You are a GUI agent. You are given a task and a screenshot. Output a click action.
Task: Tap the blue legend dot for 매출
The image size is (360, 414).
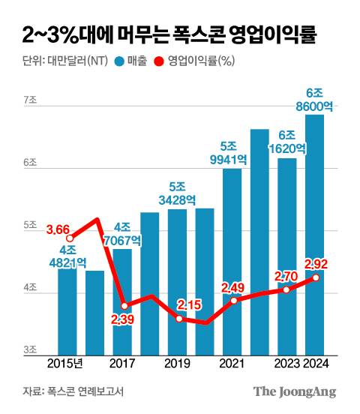coord(119,62)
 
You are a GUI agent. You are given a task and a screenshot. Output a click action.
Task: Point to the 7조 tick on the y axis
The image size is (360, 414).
coord(31,100)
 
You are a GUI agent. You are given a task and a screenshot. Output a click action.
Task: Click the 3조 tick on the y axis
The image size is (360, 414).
coord(31,350)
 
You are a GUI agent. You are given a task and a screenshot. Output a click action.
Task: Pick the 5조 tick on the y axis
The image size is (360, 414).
coord(31,225)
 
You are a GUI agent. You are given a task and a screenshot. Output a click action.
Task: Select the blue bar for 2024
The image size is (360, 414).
coord(315,240)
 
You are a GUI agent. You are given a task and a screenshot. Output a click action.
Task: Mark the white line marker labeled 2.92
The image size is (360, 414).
coord(316,277)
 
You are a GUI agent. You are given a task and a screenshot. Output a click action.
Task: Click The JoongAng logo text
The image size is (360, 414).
coord(294,391)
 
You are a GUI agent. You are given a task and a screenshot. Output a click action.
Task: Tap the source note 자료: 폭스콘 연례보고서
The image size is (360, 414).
coord(73,391)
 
